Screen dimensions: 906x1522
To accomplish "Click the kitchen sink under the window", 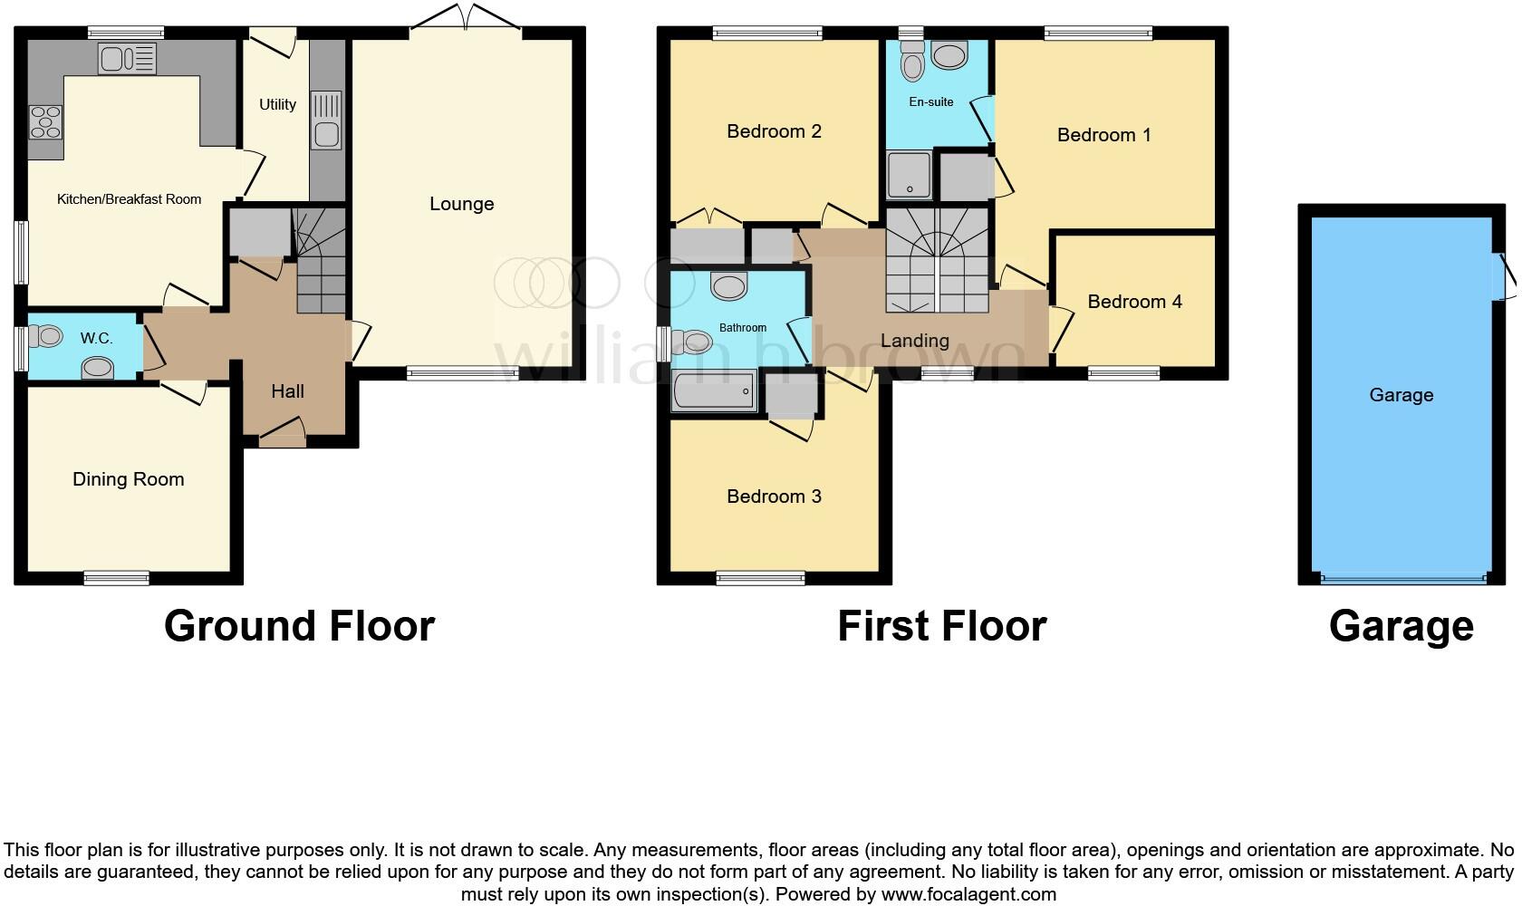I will [x=128, y=60].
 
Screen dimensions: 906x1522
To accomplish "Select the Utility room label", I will [x=277, y=104].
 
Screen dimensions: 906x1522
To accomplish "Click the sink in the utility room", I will [x=326, y=120].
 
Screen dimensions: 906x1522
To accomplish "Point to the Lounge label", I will [x=461, y=204].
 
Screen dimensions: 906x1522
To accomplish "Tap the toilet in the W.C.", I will [x=45, y=337].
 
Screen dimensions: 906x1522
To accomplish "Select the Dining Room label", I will [x=128, y=479].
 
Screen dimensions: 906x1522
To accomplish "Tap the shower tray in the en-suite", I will [x=909, y=176].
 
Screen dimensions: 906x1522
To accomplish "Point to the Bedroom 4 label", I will [x=1134, y=302].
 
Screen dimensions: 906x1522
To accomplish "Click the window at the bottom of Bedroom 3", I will [x=760, y=578].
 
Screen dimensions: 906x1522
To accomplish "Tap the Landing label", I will [x=915, y=341].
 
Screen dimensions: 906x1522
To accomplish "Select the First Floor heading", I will [x=941, y=626].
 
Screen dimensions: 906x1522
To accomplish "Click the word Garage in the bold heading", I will [x=1401, y=626].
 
